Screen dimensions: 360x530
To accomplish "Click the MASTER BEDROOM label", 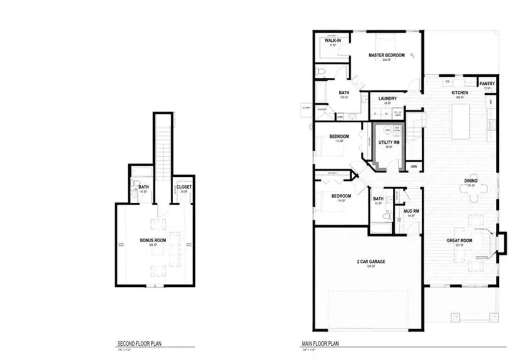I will (386, 55).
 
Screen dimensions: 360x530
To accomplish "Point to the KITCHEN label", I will (459, 93).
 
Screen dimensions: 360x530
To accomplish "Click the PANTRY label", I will (487, 84).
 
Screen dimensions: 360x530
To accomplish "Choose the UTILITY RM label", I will (389, 143).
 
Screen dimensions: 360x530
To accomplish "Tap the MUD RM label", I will (411, 210).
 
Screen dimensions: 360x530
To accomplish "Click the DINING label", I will (471, 181).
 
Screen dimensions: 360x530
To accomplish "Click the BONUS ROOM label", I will (153, 240).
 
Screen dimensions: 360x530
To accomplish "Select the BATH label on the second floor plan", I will (143, 187).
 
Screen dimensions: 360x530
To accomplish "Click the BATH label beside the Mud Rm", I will (378, 199).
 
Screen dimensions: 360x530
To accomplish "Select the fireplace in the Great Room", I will (500, 242).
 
